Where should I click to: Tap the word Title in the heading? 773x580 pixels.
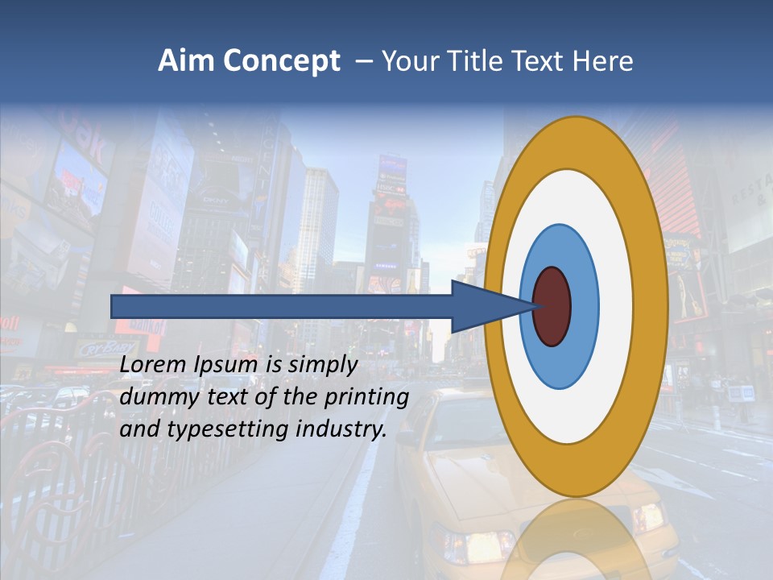pos(473,61)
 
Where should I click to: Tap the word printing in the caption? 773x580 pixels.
pos(365,398)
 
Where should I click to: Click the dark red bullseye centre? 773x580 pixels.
pos(552,307)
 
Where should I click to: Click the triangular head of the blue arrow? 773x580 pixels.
pos(483,307)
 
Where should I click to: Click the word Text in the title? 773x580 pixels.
pos(538,61)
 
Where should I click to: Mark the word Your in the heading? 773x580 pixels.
pos(407,61)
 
